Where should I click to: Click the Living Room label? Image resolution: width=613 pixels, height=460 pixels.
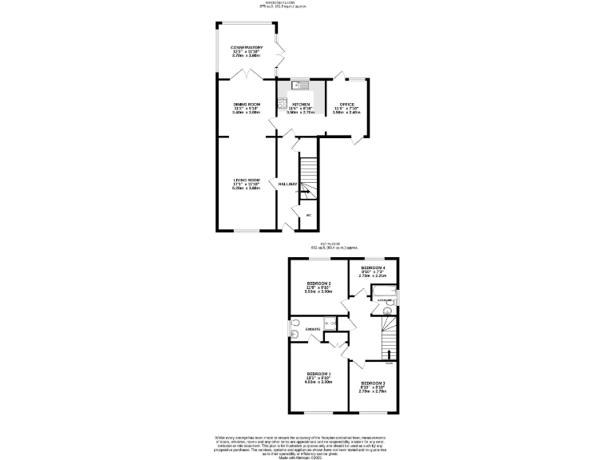pos(247,184)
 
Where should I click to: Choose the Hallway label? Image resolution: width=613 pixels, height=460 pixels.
pos(287,184)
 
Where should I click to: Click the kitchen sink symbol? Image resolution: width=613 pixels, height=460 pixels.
pos(299,84)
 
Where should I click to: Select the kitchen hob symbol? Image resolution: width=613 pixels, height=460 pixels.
pos(282,101)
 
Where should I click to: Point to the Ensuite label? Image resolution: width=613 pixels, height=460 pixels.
pos(313,329)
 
